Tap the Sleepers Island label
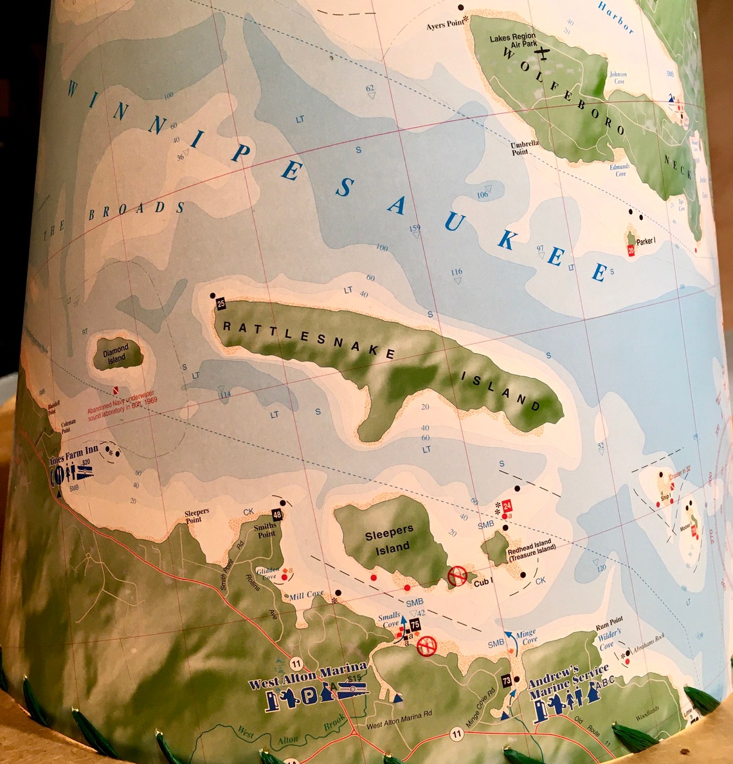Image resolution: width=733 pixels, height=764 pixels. coord(390,539)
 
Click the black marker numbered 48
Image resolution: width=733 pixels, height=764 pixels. coord(277,514)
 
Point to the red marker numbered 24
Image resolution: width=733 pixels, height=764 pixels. coord(507,505)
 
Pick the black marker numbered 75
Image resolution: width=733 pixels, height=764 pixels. coord(415,624)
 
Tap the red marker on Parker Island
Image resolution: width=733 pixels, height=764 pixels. coord(631,250)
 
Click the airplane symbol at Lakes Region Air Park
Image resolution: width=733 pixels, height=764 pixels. coord(543,52)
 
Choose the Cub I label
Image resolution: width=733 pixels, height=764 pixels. coord(484,583)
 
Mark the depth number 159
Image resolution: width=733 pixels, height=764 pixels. coord(415,228)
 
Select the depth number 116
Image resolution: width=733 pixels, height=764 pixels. coord(457,272)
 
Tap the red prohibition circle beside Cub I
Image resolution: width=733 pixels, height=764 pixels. coord(457,575)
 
